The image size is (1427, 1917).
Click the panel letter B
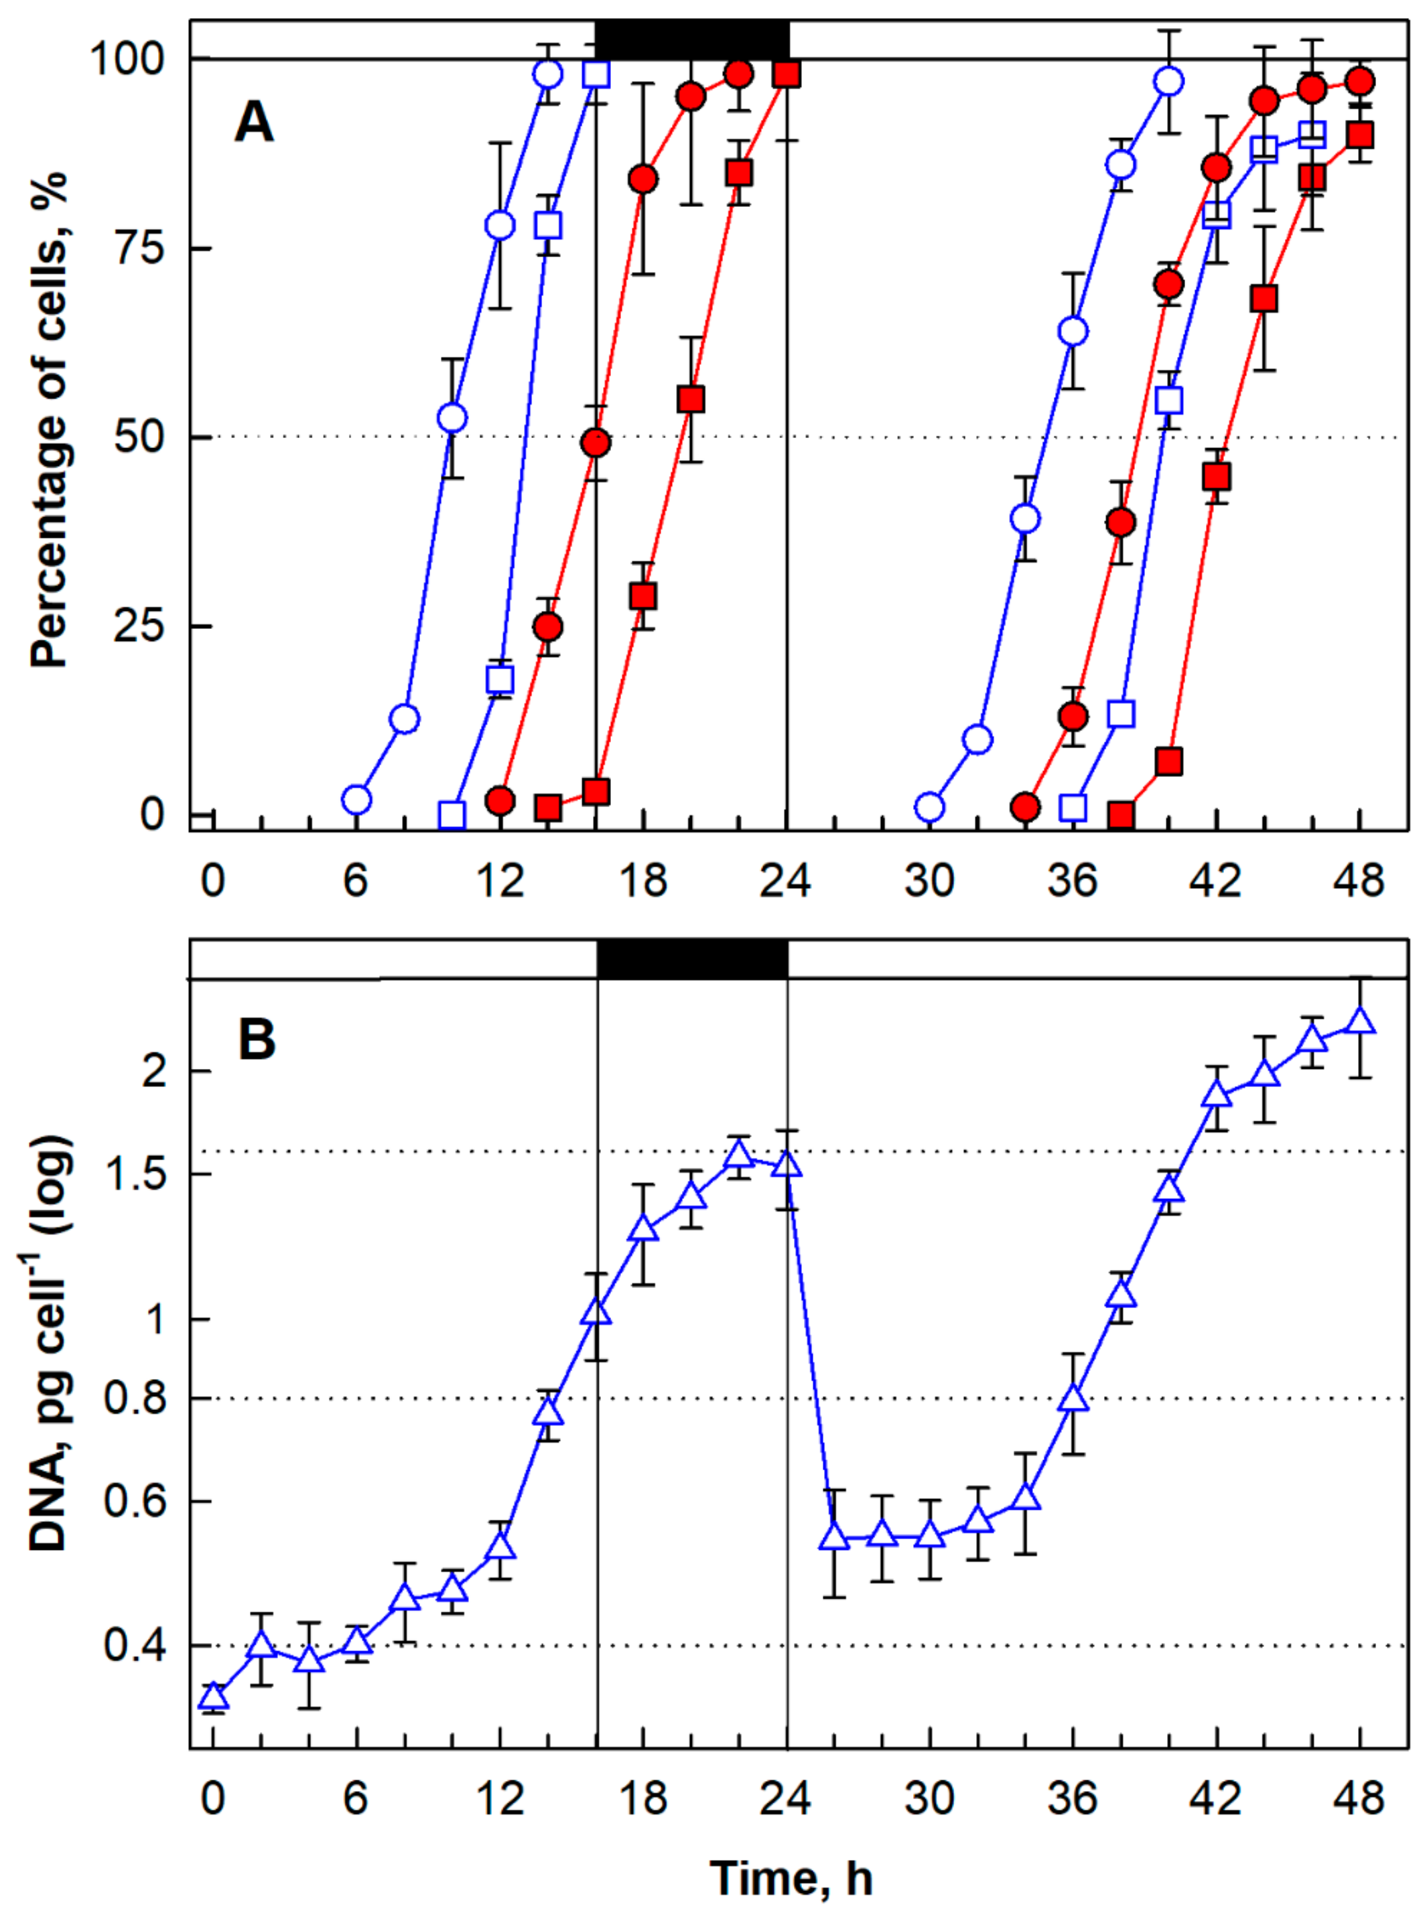coord(257,1040)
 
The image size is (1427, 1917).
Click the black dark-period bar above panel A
coord(692,40)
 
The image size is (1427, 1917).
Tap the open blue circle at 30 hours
coord(929,807)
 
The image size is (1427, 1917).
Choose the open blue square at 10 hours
coord(452,814)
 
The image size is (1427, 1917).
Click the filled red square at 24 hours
coord(786,74)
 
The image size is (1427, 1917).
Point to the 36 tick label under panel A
coord(1072,881)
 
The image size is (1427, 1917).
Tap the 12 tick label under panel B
coord(500,1798)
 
